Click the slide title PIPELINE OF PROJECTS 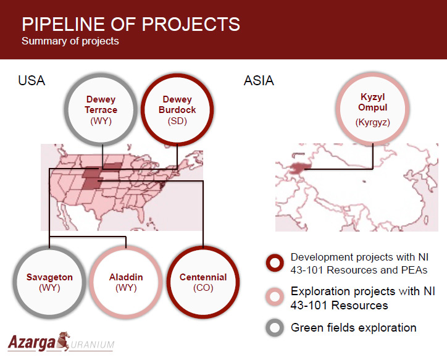(131, 24)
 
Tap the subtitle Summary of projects (70, 41)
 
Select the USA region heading (31, 81)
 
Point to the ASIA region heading (259, 81)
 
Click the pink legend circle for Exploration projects (275, 289)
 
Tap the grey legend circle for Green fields (275, 320)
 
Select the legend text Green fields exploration (354, 328)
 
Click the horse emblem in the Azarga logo (64, 341)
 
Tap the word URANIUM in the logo (92, 345)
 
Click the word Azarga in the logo (31, 343)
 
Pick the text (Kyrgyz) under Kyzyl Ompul (372, 122)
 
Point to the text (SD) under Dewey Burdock (177, 121)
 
